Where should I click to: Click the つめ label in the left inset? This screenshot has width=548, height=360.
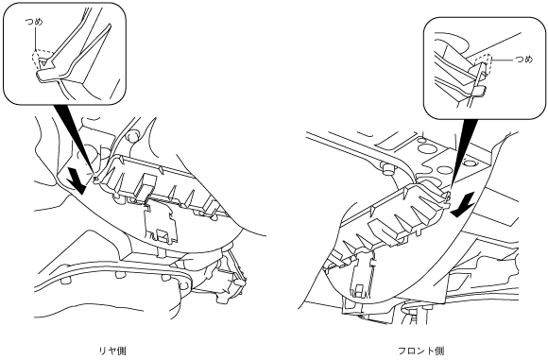(x=34, y=22)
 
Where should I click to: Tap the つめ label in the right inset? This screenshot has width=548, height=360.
(x=523, y=60)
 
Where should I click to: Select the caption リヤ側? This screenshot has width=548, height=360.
(x=112, y=351)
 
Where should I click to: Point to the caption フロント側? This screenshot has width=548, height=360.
(x=421, y=351)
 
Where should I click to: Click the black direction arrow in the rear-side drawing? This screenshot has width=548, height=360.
(x=77, y=180)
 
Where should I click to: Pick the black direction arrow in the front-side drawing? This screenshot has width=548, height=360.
(x=463, y=205)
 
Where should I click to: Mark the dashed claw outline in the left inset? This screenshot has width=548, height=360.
(x=42, y=60)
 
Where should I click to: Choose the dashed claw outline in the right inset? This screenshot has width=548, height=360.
(x=483, y=64)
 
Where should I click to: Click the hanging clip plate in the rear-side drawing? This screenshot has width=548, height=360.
(x=162, y=223)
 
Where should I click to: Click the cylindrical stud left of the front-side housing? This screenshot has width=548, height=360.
(x=388, y=168)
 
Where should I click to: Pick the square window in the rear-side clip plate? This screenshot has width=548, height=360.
(x=163, y=234)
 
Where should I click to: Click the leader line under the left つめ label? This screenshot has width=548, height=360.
(x=35, y=39)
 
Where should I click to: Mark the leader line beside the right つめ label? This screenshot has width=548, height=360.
(x=503, y=60)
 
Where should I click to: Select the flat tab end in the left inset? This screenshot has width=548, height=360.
(x=46, y=76)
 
